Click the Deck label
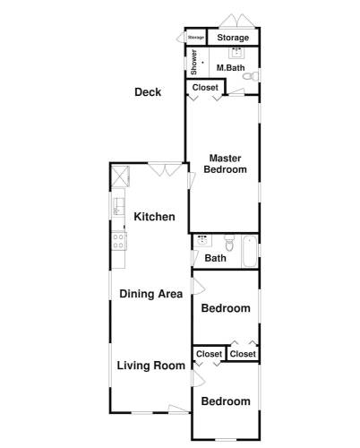[148, 92]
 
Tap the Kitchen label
[154, 217]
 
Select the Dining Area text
[151, 294]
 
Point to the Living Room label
[151, 366]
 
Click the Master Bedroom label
[226, 164]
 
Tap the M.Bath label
[230, 68]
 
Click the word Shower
[193, 62]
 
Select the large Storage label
[233, 38]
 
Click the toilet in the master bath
[251, 76]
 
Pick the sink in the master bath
[236, 53]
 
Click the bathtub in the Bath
[250, 251]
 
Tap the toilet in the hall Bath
[229, 243]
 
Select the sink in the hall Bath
[202, 240]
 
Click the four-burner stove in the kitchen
[119, 241]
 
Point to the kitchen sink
[118, 206]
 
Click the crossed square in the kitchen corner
[120, 177]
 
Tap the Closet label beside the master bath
[205, 88]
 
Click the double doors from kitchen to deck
[165, 169]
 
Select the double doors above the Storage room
[237, 21]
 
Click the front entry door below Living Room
[179, 409]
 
